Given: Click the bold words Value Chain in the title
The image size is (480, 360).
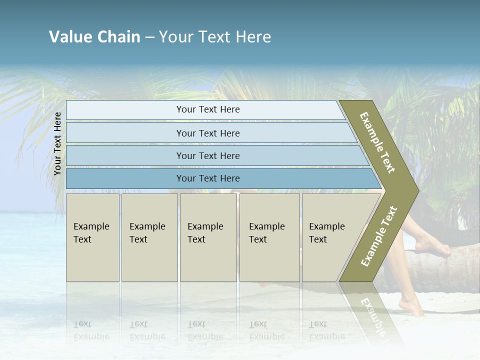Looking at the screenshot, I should tap(94, 37).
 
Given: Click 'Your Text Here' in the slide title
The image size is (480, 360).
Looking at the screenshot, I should tap(215, 37).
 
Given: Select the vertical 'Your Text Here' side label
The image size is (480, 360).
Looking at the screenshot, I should tap(57, 143).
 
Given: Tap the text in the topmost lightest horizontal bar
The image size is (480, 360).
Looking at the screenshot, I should tap(208, 109).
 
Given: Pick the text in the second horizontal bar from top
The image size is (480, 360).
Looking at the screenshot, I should tap(208, 133).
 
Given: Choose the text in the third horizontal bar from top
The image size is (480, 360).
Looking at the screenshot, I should tap(208, 155).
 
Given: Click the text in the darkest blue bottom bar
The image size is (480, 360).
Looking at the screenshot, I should tap(208, 178).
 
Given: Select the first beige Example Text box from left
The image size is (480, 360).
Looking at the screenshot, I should tap(92, 237).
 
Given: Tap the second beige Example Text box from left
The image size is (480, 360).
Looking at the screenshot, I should tap(149, 237).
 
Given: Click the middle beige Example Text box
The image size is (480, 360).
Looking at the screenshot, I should tap(208, 237).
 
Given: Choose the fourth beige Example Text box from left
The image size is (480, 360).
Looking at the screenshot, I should tap(269, 237).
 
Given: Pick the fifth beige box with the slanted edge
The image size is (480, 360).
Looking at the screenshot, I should tap(330, 237).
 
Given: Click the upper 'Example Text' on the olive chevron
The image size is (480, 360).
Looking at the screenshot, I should tap(377, 142).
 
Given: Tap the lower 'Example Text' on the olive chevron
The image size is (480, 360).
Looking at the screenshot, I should tap(379, 236).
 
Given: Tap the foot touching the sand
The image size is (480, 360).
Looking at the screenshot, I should tap(412, 307).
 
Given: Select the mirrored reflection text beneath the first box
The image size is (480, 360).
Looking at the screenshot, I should tap(91, 330).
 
